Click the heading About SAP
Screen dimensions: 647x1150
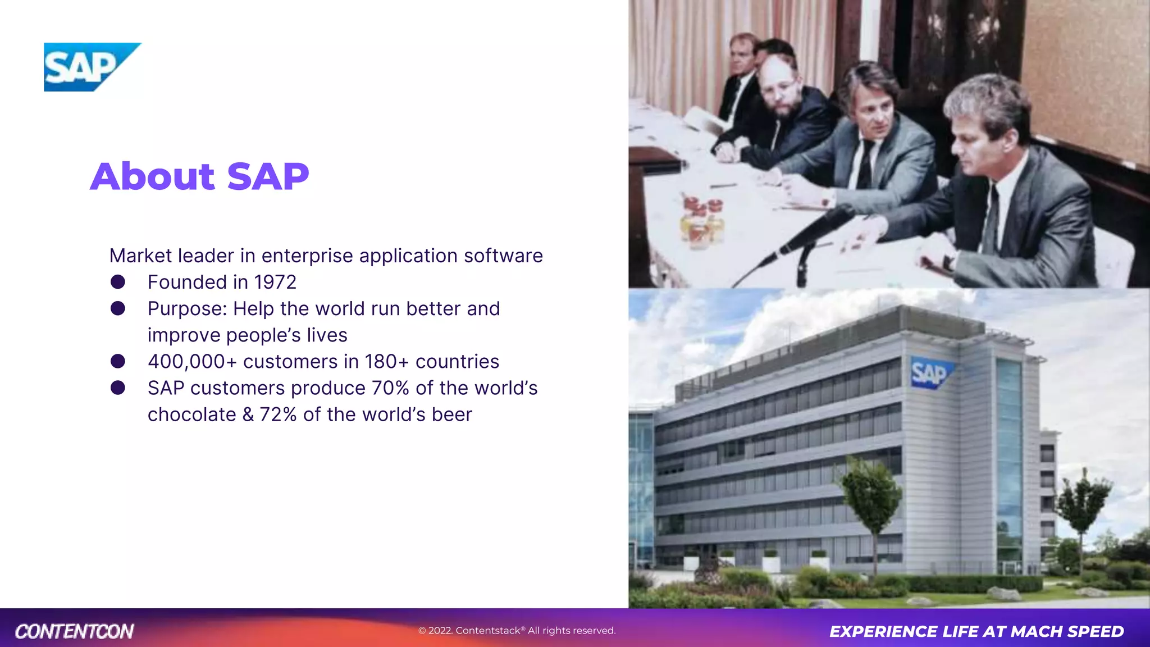click(199, 176)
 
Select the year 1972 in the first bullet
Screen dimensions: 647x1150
click(275, 282)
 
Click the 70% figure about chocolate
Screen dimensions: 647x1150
click(390, 388)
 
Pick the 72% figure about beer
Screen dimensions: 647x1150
click(278, 414)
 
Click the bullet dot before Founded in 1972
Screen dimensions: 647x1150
click(118, 282)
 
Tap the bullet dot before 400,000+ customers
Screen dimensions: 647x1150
click(118, 361)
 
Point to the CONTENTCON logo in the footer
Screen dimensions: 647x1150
click(74, 631)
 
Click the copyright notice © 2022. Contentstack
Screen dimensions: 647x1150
click(517, 631)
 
